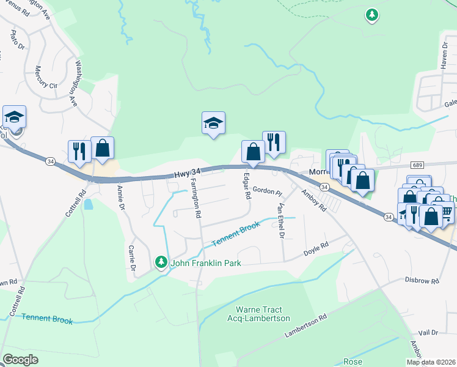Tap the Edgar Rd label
[247, 186]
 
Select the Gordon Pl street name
[266, 191]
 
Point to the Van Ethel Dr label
[281, 220]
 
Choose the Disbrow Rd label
[422, 281]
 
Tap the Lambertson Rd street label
[306, 326]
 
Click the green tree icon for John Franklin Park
[161, 262]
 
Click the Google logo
[20, 359]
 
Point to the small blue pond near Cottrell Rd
[89, 204]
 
